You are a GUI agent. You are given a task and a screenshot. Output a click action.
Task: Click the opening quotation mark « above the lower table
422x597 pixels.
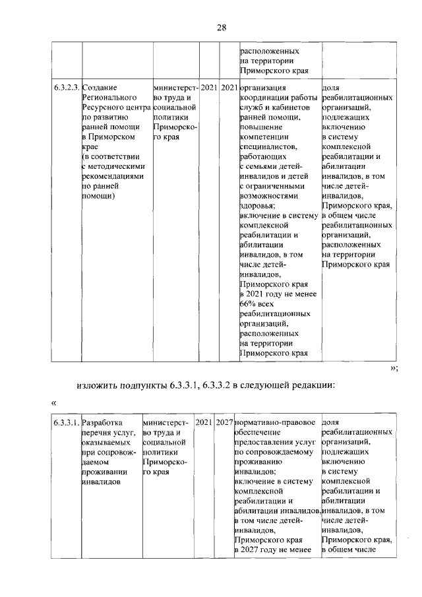[53, 402]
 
